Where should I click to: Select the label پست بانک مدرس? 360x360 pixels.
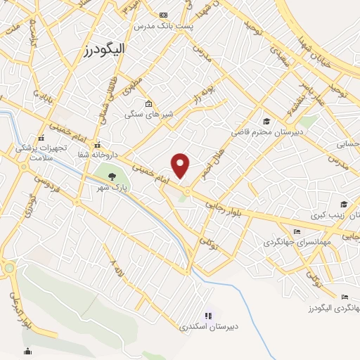click(164, 25)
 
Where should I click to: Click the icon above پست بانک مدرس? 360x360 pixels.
click(164, 15)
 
